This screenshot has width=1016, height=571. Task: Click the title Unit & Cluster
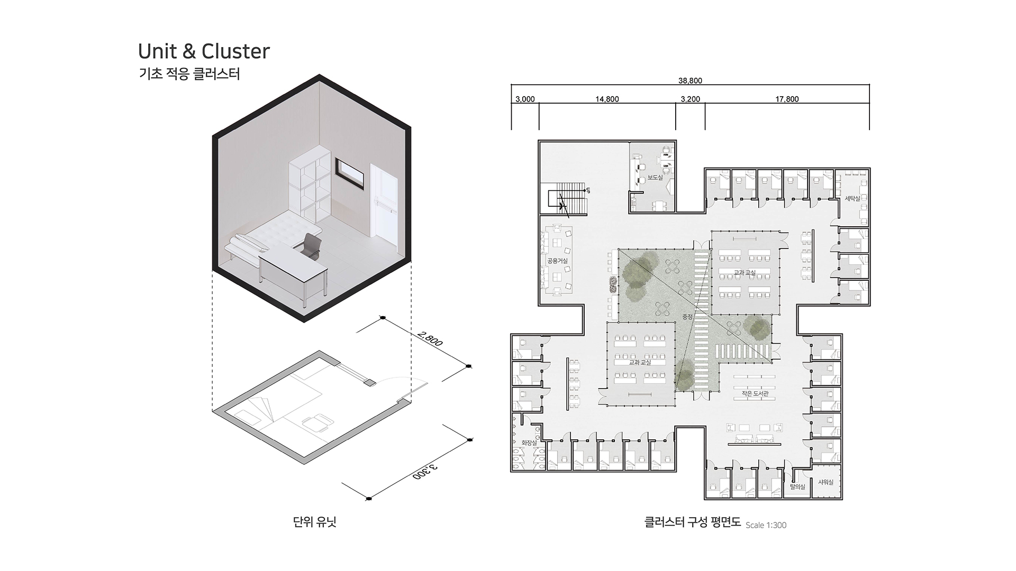[204, 51]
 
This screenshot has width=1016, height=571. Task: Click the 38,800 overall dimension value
[690, 81]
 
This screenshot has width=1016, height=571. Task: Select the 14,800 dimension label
[607, 99]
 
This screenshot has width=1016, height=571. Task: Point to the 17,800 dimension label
[787, 99]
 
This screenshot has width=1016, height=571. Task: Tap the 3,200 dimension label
[690, 99]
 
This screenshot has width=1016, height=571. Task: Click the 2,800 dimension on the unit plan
[430, 339]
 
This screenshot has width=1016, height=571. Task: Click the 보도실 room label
[655, 178]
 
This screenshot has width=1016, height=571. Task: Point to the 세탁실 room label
[852, 198]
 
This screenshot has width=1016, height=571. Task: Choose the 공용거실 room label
[557, 261]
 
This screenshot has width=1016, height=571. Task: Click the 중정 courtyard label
[687, 317]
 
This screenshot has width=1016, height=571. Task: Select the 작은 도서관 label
[755, 394]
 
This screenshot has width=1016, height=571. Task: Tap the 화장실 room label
[529, 443]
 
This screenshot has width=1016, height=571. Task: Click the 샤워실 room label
[825, 482]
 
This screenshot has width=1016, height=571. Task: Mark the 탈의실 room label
[797, 486]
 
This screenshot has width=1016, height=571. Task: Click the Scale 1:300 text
[766, 525]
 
